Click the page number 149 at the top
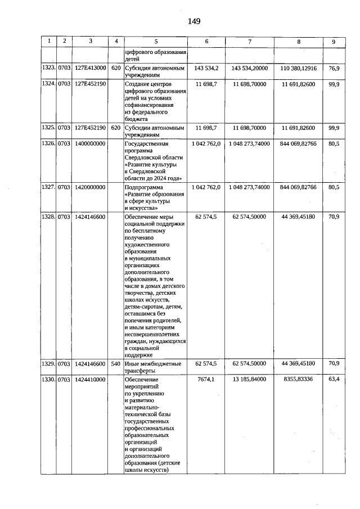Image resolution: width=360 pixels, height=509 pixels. [x=194, y=21]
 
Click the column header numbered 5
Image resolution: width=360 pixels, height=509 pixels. [x=155, y=41]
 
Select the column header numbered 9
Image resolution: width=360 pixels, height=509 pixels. [x=334, y=41]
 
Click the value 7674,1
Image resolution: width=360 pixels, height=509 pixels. [x=207, y=380]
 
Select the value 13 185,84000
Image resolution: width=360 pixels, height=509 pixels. [x=249, y=380]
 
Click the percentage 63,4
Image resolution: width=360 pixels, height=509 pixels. [x=334, y=380]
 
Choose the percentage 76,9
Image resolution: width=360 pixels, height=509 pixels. [x=334, y=68]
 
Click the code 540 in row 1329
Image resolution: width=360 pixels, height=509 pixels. [x=116, y=364]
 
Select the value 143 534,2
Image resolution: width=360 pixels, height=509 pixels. [x=207, y=68]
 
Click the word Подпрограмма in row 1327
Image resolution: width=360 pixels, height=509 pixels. [x=143, y=187]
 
